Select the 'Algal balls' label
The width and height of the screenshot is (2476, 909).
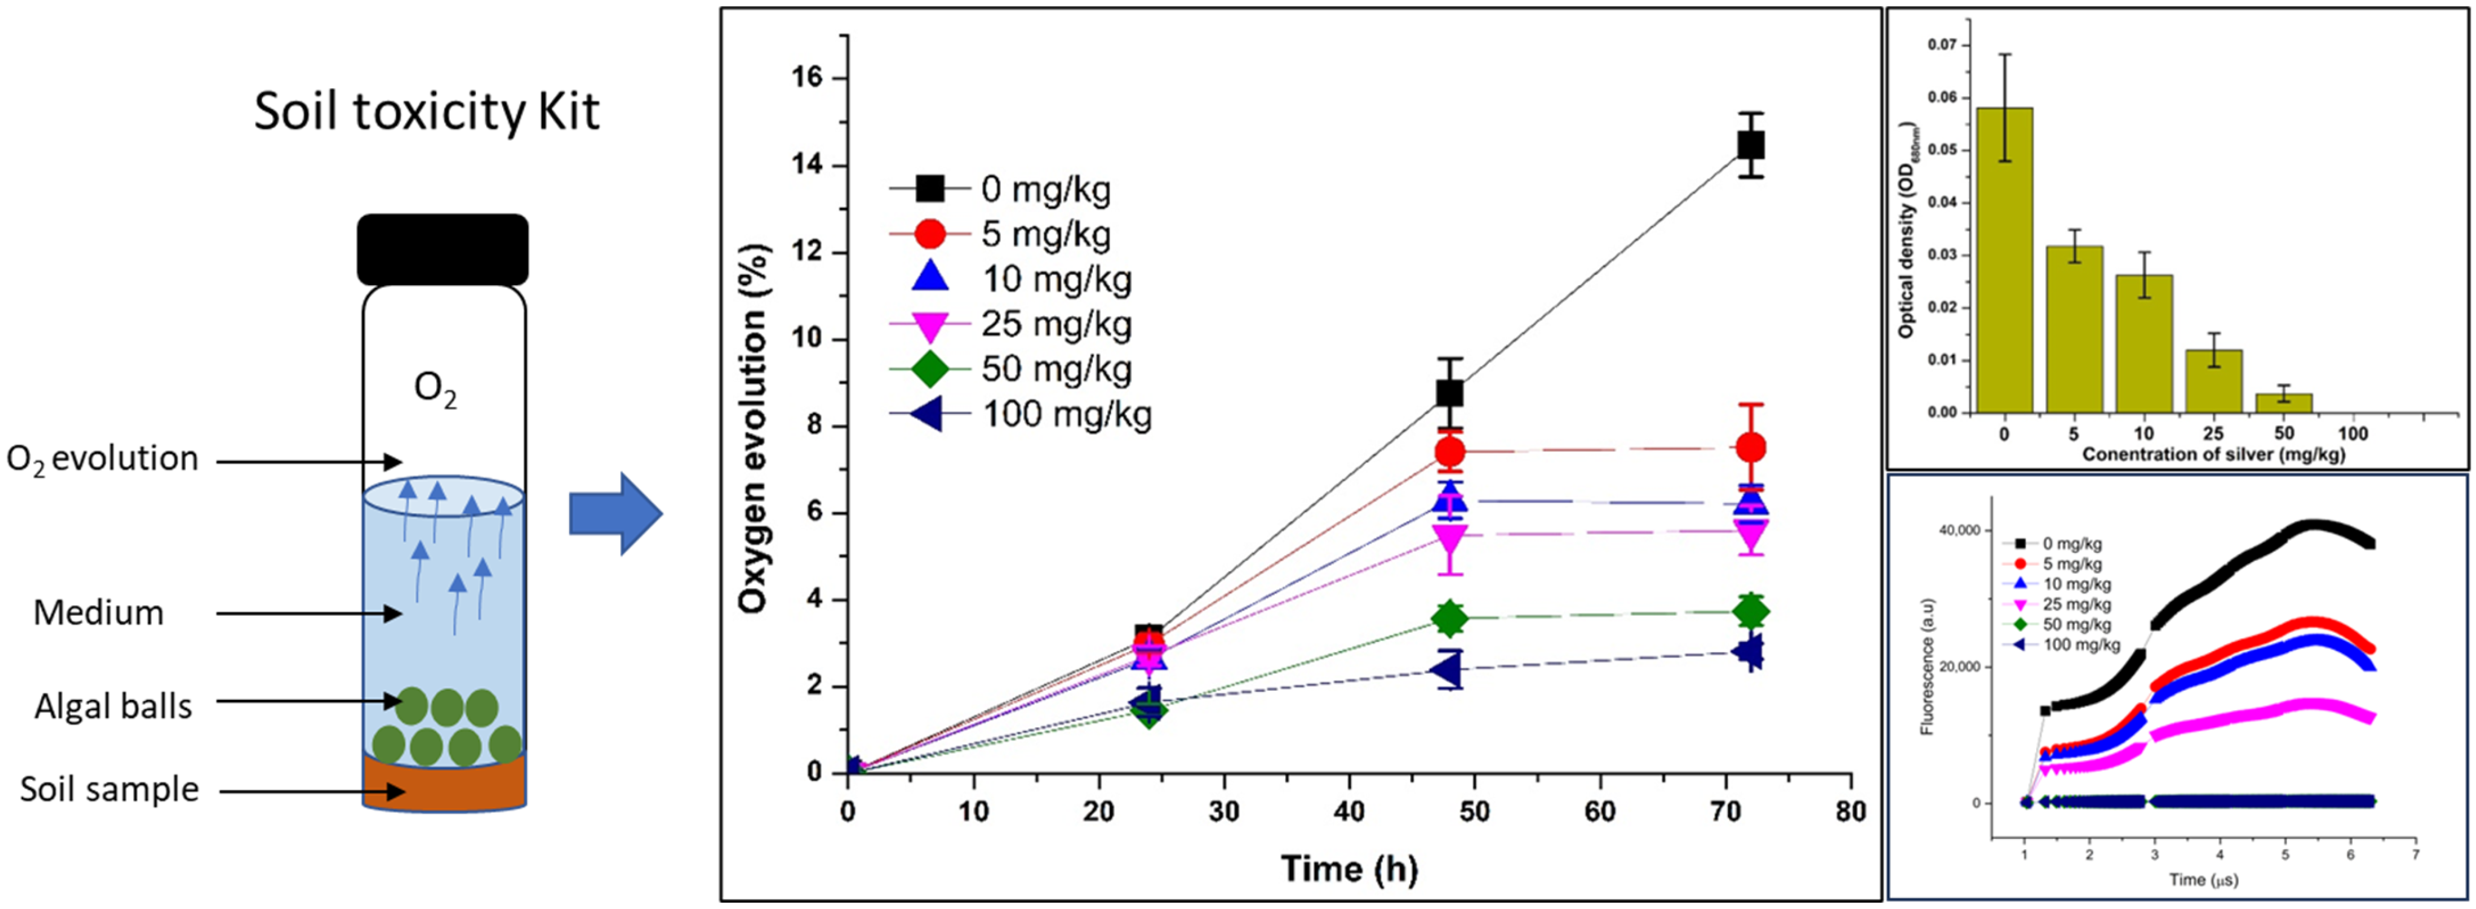pos(114,707)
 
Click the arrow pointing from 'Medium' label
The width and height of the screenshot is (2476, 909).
pos(308,613)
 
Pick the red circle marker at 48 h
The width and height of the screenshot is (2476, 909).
pos(1450,451)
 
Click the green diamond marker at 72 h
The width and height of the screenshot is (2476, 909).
pos(1750,611)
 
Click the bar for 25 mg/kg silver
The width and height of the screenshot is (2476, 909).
pos(2214,381)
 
